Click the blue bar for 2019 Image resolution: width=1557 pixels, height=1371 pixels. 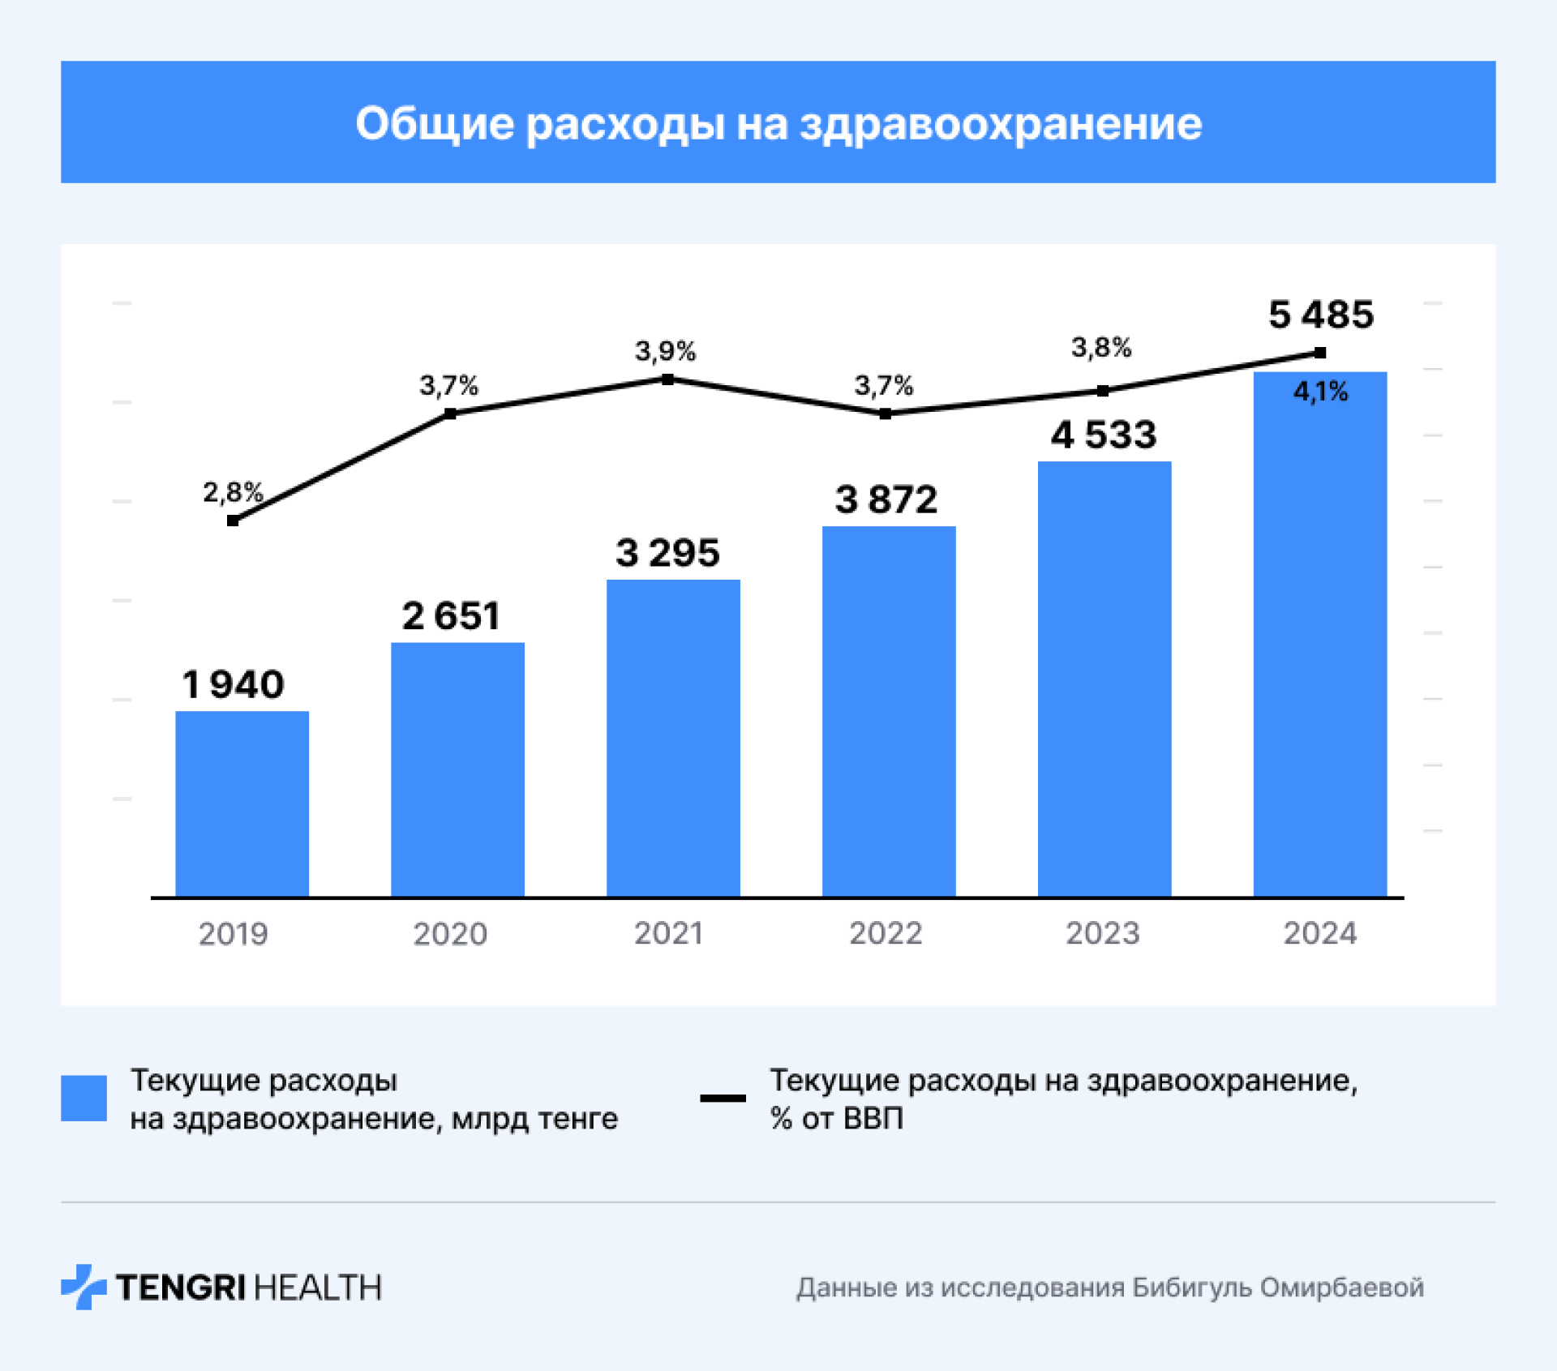point(242,803)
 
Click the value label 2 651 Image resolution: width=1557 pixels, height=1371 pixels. point(451,616)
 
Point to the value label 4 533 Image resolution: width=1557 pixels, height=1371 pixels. point(1104,435)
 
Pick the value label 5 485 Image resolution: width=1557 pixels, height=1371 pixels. point(1321,315)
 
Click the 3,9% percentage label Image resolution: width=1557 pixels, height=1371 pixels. point(665,351)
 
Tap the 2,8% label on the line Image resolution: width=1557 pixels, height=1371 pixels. point(233,491)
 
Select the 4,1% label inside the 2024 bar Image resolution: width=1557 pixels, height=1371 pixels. point(1320,392)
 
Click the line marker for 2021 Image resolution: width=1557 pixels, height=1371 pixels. point(667,379)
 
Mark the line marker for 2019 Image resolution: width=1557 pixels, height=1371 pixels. point(233,521)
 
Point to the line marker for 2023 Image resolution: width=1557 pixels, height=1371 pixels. point(1103,391)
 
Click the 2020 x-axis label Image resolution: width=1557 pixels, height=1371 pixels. point(450,934)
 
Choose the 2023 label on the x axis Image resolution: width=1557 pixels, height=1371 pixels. point(1103,934)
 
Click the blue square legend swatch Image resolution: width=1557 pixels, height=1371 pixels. point(84,1098)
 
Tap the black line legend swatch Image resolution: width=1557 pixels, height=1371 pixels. point(723,1098)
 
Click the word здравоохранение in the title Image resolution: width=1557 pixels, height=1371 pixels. point(1001,124)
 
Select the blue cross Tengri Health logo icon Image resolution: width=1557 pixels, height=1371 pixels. point(84,1287)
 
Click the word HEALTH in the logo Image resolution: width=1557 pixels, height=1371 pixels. point(318,1287)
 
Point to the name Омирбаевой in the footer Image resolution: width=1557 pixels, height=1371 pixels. point(1341,1287)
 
